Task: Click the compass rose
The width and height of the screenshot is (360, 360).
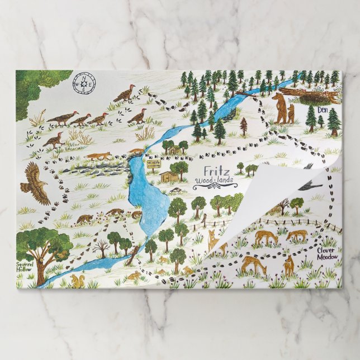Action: [x=84, y=84]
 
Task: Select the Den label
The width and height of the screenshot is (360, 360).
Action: [x=323, y=110]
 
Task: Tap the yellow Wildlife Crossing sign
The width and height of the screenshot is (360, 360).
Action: [x=152, y=163]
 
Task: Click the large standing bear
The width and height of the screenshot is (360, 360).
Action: [x=279, y=108]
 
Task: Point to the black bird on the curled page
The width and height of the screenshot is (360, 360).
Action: [x=309, y=186]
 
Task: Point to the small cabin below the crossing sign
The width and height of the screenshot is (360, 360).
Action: [x=169, y=176]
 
